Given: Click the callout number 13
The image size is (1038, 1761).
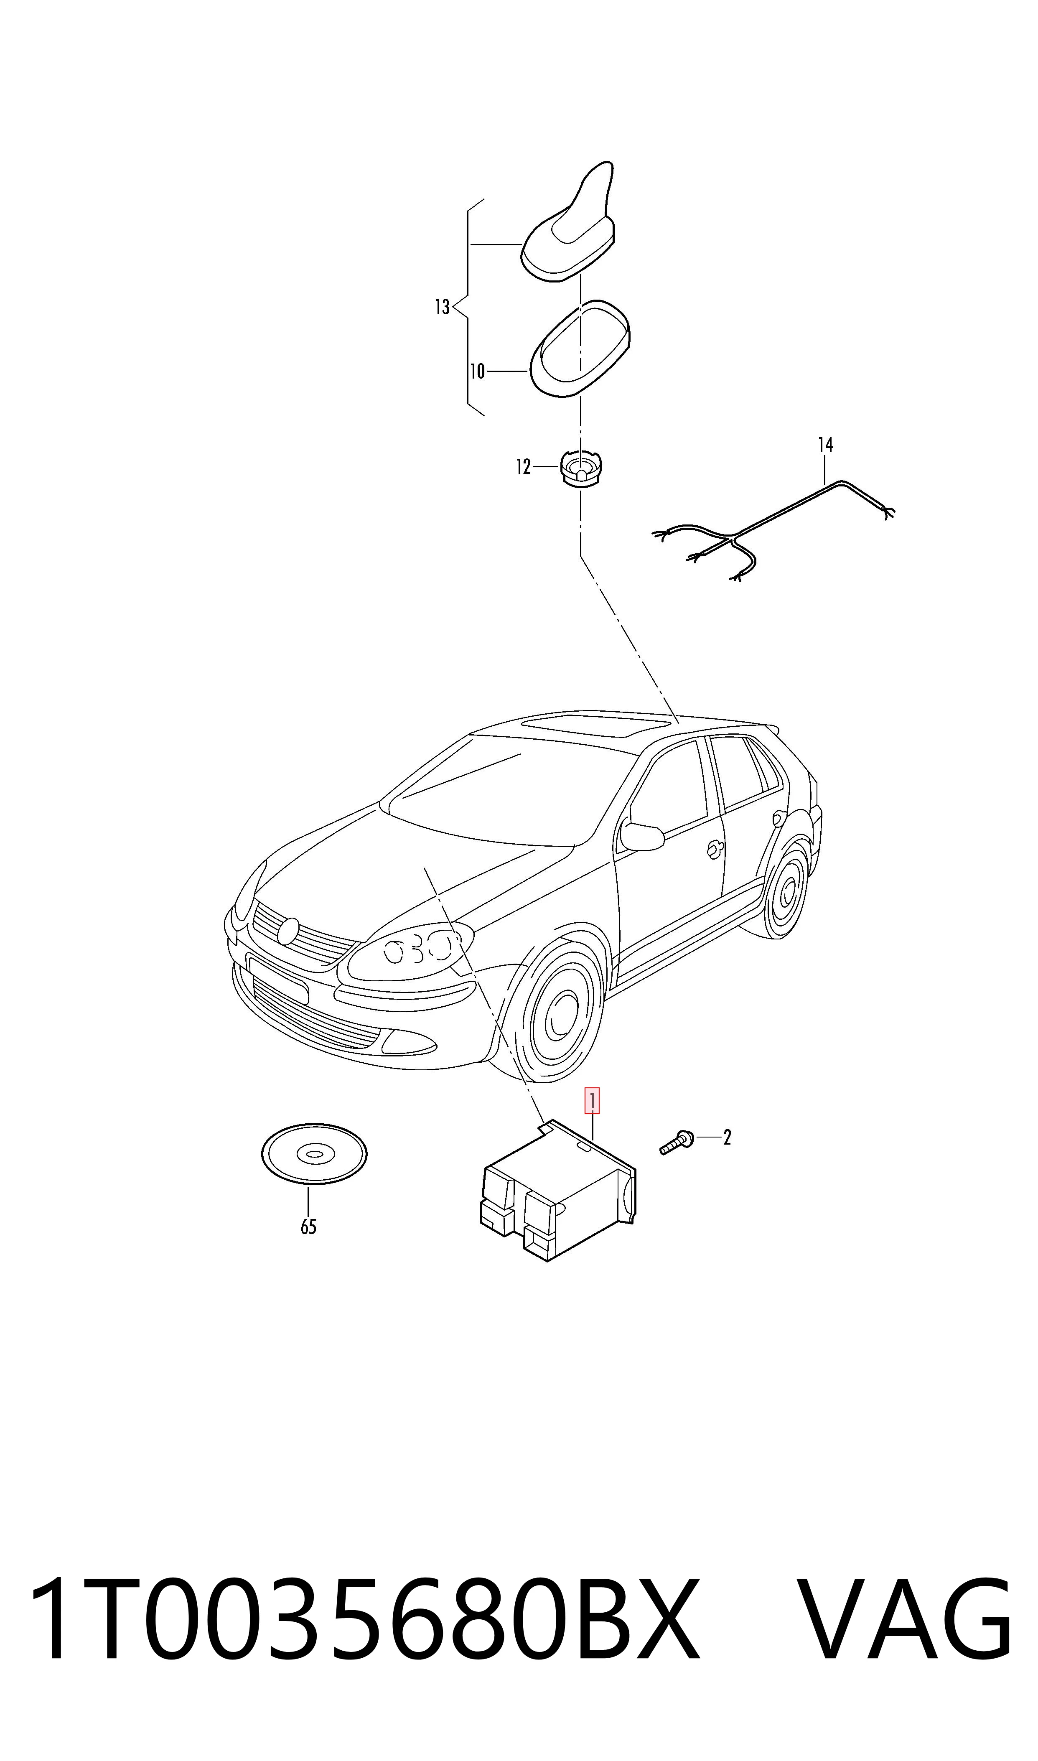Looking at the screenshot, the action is click(442, 307).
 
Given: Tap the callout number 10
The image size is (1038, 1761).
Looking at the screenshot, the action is click(477, 372).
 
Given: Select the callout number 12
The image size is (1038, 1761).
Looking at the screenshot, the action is click(523, 467).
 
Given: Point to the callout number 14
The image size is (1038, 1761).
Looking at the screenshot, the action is click(825, 445).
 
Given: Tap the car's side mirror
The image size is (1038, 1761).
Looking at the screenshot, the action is click(642, 837).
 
